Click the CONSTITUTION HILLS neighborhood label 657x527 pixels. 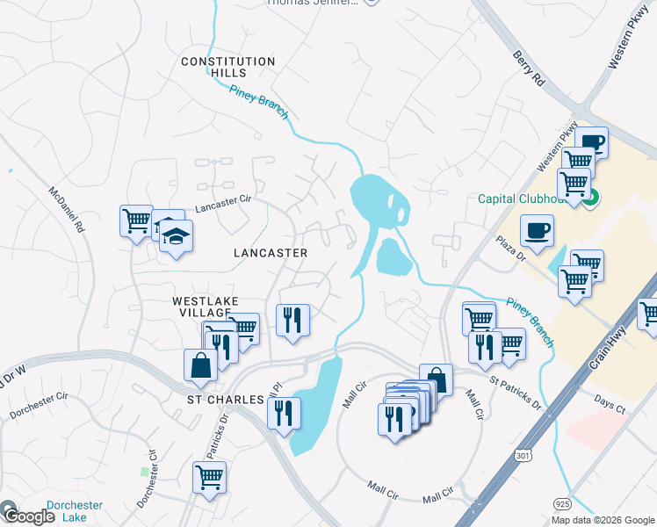(x=227, y=68)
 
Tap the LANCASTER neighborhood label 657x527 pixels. (x=271, y=253)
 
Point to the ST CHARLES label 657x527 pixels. (x=225, y=400)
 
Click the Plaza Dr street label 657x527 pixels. (x=509, y=247)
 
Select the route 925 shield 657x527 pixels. (x=563, y=502)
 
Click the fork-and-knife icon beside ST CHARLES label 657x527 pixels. (x=284, y=412)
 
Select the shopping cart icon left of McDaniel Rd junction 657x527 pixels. (x=136, y=220)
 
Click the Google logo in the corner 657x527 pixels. (x=28, y=516)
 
